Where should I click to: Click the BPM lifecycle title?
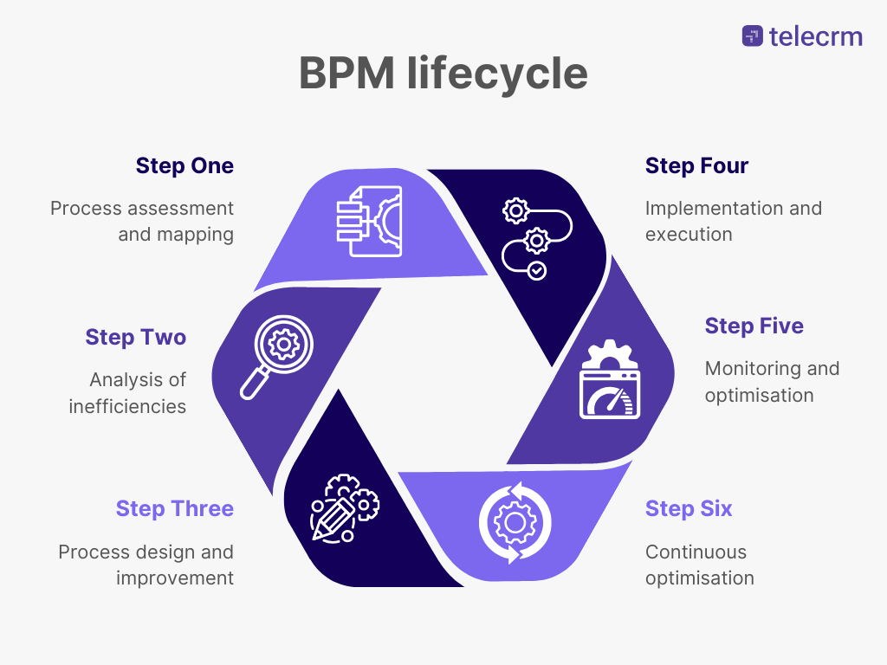point(443,74)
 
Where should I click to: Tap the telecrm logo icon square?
point(752,36)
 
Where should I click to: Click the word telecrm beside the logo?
point(815,36)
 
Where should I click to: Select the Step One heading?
point(185,165)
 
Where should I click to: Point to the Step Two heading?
point(135,337)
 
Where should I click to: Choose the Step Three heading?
point(174,508)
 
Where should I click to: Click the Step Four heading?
point(696,165)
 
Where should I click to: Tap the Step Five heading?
point(754,326)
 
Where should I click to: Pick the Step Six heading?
point(689,508)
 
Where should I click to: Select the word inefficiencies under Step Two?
point(127,406)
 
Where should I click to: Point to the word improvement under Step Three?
point(175,578)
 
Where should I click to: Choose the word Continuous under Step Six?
point(696,552)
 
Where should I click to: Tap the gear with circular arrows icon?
point(515,522)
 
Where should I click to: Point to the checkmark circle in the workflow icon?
point(537,271)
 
